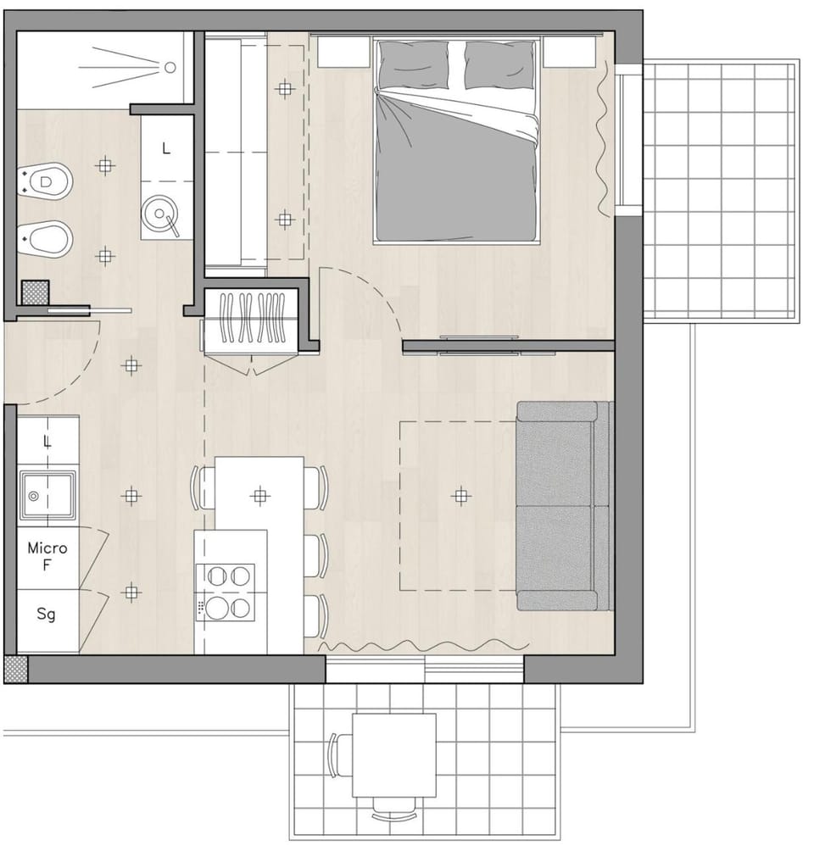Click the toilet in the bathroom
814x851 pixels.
tap(45, 182)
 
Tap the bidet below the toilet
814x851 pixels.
tap(45, 239)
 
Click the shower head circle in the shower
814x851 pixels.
tap(170, 67)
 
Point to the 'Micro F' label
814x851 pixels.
tap(47, 556)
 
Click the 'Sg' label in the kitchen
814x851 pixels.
tap(46, 614)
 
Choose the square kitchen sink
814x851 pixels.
tap(47, 495)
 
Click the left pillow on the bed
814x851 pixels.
tap(413, 64)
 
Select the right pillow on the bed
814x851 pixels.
tap(499, 64)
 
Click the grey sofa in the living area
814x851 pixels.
tap(564, 506)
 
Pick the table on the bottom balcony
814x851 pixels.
tap(394, 755)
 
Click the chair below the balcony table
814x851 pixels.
tap(395, 808)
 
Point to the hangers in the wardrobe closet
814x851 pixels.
tap(252, 318)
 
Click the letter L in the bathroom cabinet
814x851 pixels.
tap(166, 147)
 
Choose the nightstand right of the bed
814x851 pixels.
tap(570, 52)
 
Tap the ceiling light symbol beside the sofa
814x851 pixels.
tap(460, 496)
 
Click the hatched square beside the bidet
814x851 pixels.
tap(36, 293)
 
